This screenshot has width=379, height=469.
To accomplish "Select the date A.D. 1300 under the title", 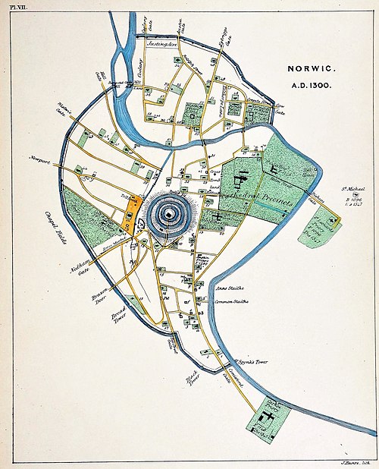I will click(307, 86).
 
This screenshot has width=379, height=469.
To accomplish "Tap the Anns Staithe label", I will click(232, 288).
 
